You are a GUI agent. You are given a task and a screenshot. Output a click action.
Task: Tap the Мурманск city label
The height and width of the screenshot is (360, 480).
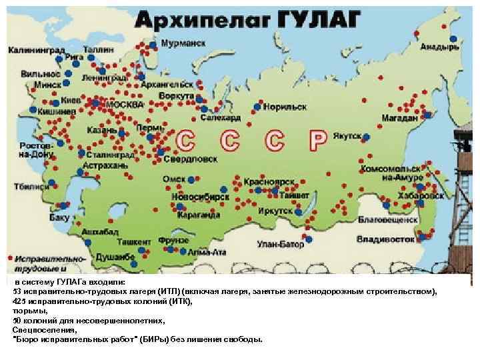point(183,43)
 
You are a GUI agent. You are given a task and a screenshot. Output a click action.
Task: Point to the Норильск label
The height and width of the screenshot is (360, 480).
point(285,107)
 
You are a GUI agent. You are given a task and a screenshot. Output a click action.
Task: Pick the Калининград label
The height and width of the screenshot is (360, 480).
point(31,49)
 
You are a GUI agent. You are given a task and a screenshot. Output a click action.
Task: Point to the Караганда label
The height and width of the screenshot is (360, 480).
point(199,215)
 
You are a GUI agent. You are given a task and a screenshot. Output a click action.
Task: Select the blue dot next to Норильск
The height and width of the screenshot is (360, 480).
point(257,107)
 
